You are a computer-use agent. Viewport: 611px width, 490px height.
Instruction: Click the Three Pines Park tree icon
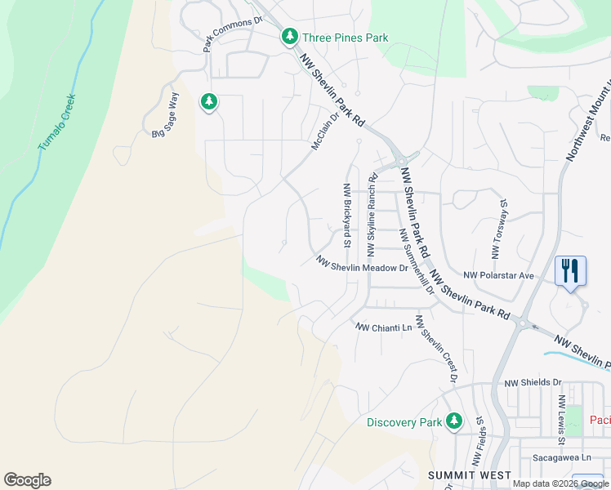pos(289,37)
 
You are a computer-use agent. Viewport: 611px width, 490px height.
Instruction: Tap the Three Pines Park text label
pos(345,38)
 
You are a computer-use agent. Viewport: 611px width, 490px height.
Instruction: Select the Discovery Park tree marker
pos(454,421)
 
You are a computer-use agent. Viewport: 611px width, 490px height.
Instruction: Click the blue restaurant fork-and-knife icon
pos(569,269)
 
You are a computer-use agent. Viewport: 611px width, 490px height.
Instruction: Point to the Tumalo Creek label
pos(57,122)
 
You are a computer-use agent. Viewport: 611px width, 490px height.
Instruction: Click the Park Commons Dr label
pos(233,32)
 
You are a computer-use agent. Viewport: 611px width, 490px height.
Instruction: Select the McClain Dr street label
pos(324,131)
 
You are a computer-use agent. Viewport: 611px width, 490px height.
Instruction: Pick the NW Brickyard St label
pos(347,215)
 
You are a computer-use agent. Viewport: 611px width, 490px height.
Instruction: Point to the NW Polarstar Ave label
pos(498,276)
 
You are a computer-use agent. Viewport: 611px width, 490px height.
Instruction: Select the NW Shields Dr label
pos(533,382)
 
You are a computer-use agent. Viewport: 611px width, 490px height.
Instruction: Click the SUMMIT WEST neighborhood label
pos(470,475)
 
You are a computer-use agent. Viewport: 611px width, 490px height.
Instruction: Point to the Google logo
pos(27,480)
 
